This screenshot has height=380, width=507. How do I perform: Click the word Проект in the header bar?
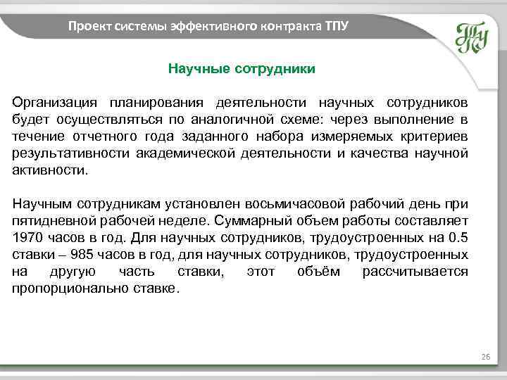click(86, 27)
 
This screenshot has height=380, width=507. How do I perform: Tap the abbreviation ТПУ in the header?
click(336, 27)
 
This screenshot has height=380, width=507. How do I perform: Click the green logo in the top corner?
click(471, 37)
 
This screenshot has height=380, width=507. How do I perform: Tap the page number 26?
click(485, 358)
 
